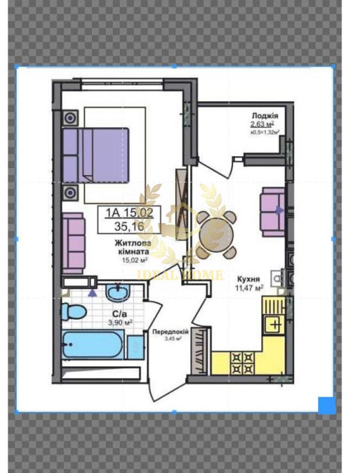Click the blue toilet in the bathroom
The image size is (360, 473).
tap(73, 311)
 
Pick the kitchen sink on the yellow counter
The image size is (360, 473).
tap(272, 324)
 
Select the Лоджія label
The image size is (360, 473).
tap(265, 116)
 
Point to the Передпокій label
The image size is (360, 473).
tap(168, 331)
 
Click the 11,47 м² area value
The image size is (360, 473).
tap(249, 288)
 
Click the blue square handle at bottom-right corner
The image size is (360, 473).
tap(326, 405)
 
